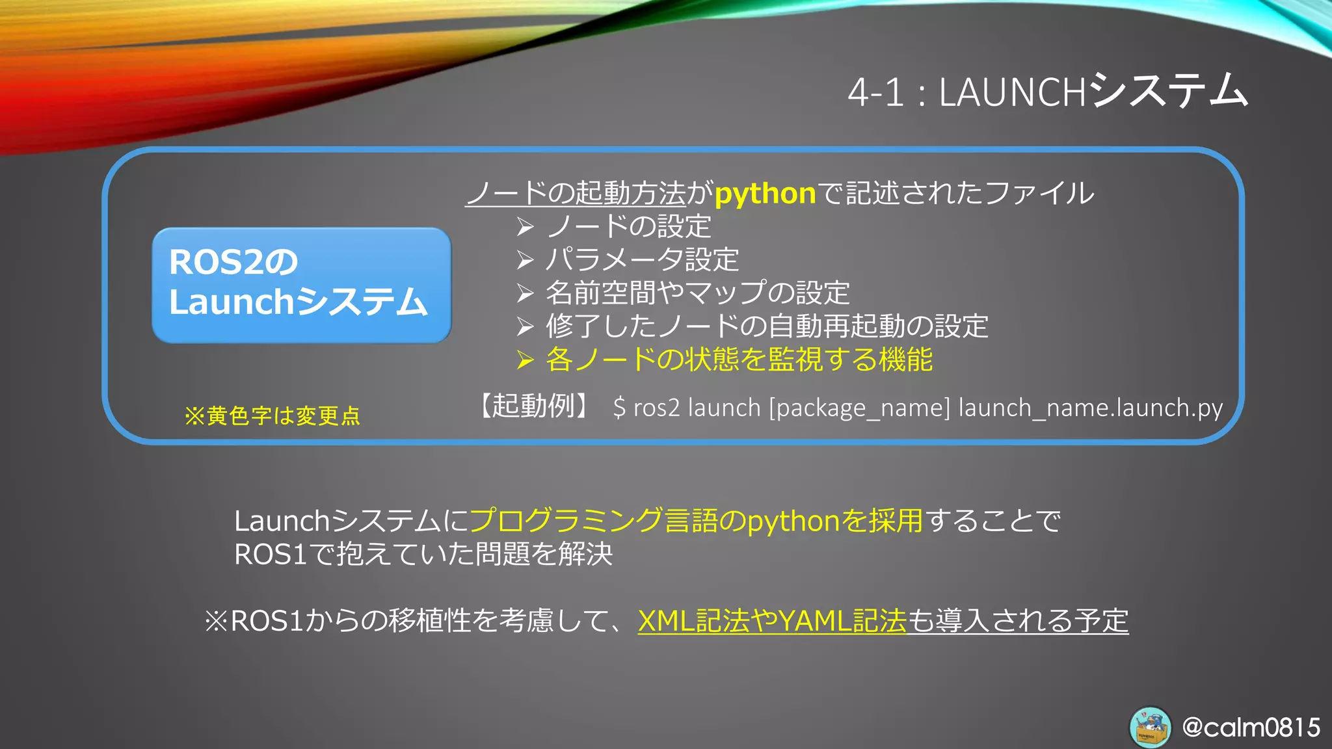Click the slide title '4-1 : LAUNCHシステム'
[1047, 92]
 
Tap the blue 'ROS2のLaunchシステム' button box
[301, 285]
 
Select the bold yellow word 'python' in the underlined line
[765, 194]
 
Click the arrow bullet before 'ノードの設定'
[525, 227]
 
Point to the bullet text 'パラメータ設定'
[642, 260]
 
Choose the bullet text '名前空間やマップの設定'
[697, 293]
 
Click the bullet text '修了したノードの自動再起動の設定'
[767, 326]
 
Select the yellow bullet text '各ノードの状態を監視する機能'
[739, 360]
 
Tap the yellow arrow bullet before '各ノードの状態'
[525, 360]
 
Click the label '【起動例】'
[534, 406]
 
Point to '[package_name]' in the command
[859, 408]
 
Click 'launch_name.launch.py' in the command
[1090, 408]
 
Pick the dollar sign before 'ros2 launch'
[619, 408]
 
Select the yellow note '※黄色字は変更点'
[272, 416]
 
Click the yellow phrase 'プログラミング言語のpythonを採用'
[696, 521]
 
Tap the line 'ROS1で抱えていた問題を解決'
[423, 555]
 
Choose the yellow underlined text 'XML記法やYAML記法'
[772, 621]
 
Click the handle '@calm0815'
[1251, 727]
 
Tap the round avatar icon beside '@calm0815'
[1150, 727]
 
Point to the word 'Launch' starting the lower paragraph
[282, 521]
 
